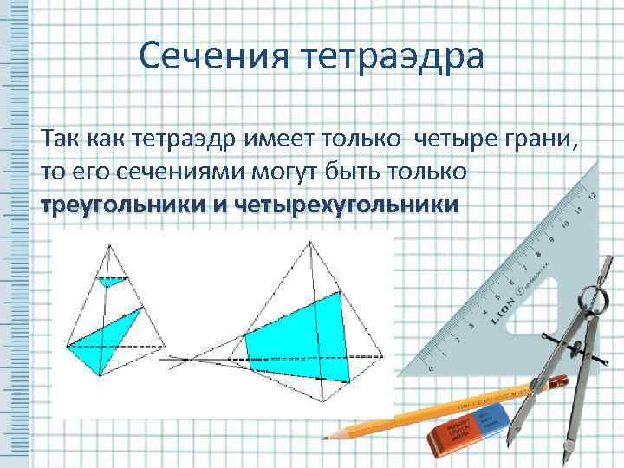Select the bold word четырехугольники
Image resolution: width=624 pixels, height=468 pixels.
coord(347,207)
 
